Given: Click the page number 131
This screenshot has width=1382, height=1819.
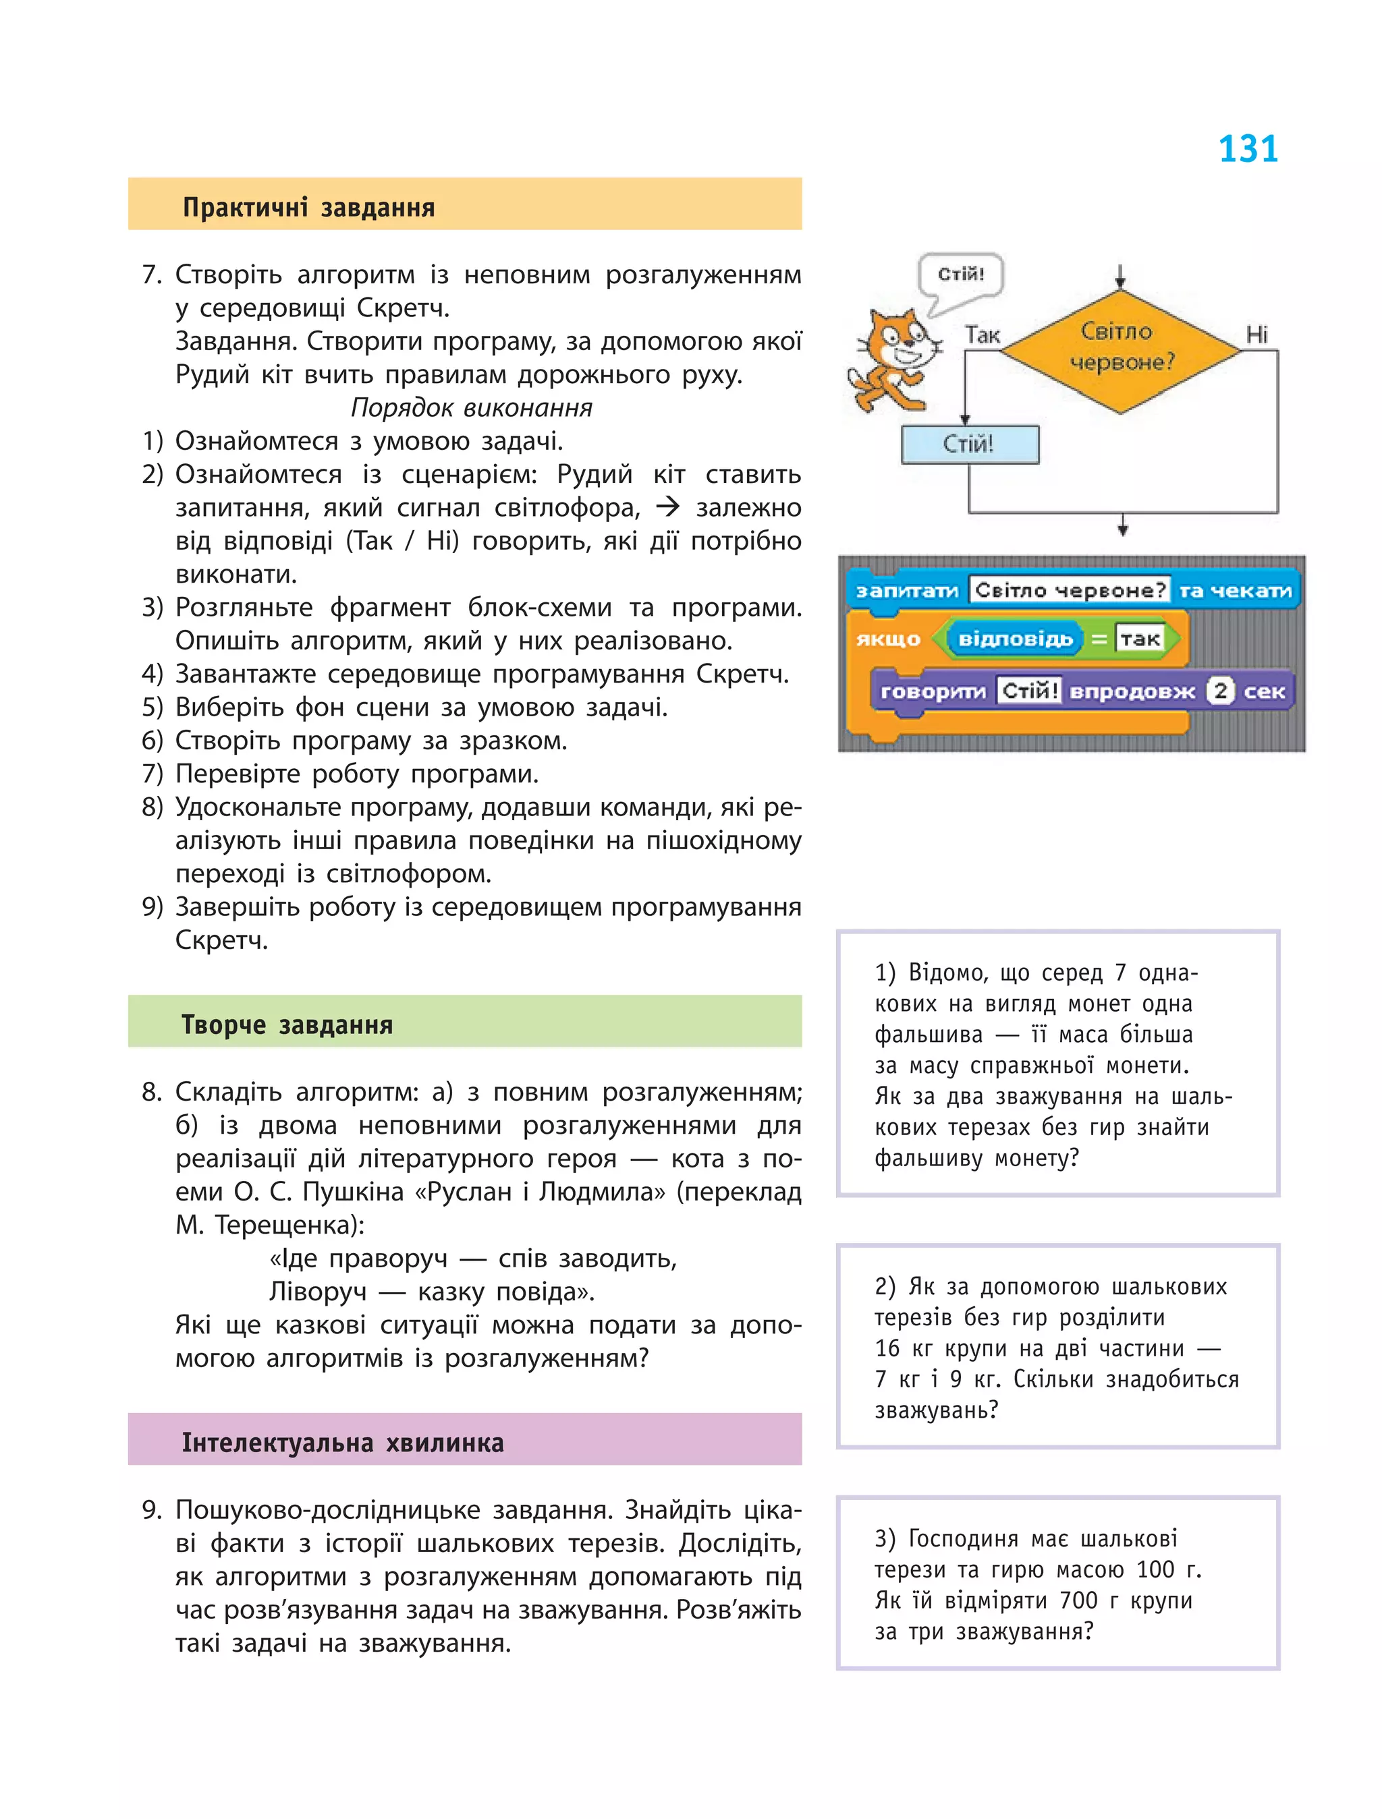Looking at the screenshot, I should coord(1247,150).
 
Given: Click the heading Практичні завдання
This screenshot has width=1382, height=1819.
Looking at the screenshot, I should coord(308,207).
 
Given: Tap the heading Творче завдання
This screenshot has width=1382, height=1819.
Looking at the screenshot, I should coord(287,1024).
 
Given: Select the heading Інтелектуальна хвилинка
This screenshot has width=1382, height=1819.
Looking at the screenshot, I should coord(342,1443).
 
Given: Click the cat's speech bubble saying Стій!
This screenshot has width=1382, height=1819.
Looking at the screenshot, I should coord(961,275).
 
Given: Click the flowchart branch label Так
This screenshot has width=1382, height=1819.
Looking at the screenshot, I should coord(983,335).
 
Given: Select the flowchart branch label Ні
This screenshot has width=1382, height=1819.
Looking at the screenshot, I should coord(1256,334).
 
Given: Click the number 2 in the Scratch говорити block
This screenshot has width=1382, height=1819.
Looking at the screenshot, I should coord(1221,691).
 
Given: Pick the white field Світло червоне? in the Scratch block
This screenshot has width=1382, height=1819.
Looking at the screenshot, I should coord(1070,590).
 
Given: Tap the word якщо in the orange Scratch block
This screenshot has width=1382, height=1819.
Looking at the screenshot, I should coord(889,639).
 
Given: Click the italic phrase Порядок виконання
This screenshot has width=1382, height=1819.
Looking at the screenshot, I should coord(472,408).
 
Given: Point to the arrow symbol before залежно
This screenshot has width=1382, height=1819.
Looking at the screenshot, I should coord(667,507).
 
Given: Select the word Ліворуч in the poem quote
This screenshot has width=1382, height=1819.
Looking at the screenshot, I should coord(318,1292).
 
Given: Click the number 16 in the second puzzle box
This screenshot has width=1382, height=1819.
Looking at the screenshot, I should coord(887,1349).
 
